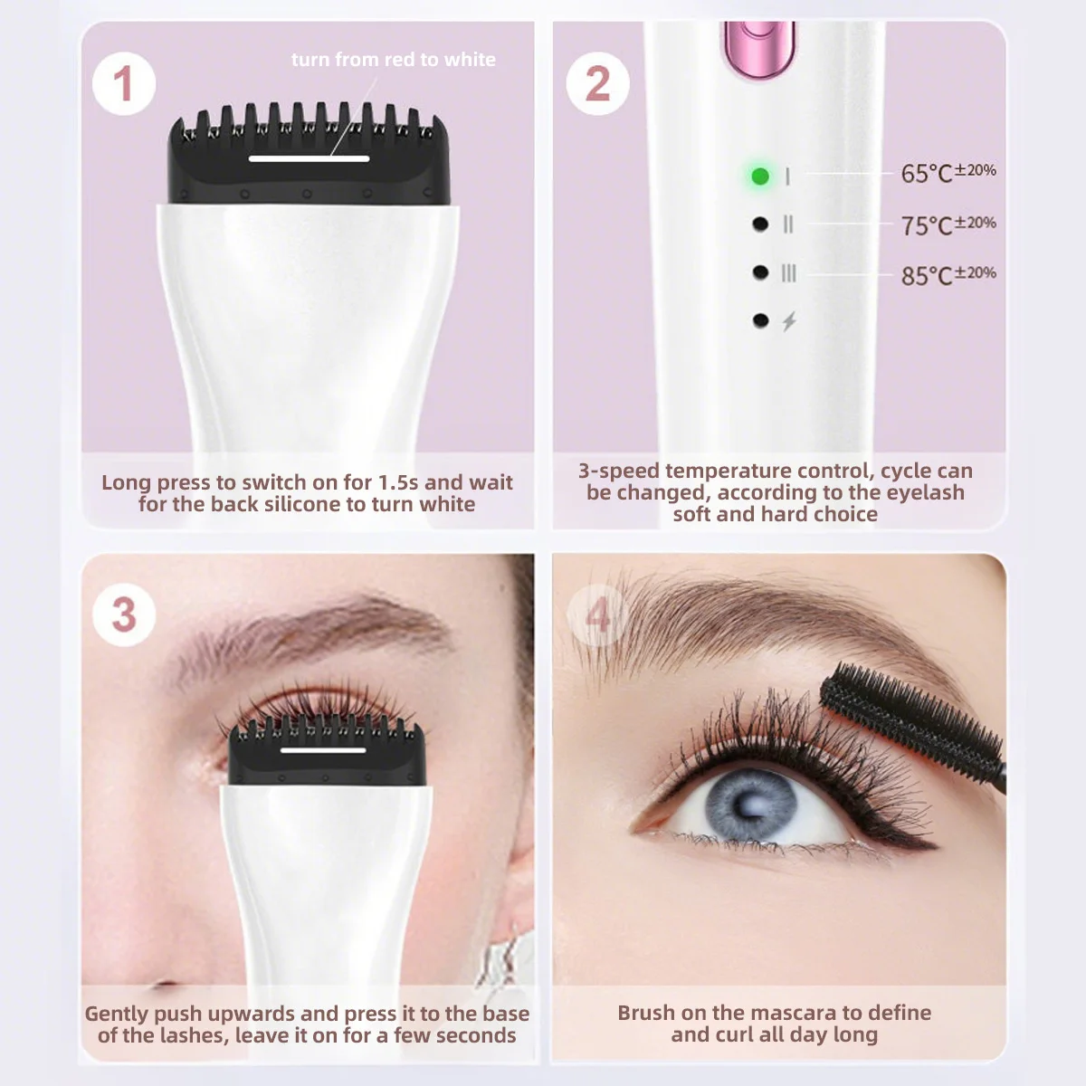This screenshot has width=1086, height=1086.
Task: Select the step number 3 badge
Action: click(123, 615)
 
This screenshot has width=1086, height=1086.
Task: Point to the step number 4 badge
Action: click(597, 615)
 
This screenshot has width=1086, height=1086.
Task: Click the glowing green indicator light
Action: click(760, 176)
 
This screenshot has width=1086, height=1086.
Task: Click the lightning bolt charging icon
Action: click(789, 321)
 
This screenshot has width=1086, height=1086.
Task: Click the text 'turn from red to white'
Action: click(393, 60)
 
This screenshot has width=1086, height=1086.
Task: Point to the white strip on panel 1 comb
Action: click(309, 158)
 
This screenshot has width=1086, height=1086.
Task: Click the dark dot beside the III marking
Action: click(760, 272)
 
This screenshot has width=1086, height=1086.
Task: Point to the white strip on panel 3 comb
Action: click(322, 749)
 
